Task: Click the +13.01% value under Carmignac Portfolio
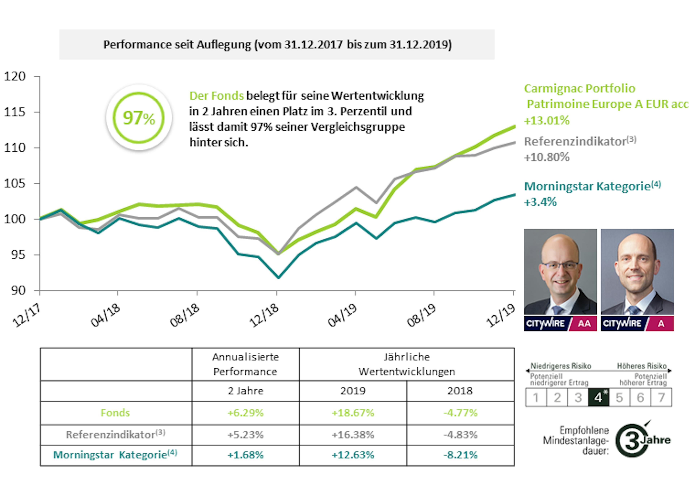click(x=546, y=120)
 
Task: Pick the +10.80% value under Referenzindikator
click(x=546, y=157)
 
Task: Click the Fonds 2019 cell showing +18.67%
click(x=353, y=413)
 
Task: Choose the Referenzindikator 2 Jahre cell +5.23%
click(x=245, y=435)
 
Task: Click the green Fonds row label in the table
click(x=115, y=413)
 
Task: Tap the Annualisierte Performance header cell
click(x=245, y=364)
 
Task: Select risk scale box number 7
click(x=661, y=397)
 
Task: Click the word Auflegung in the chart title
click(x=224, y=45)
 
